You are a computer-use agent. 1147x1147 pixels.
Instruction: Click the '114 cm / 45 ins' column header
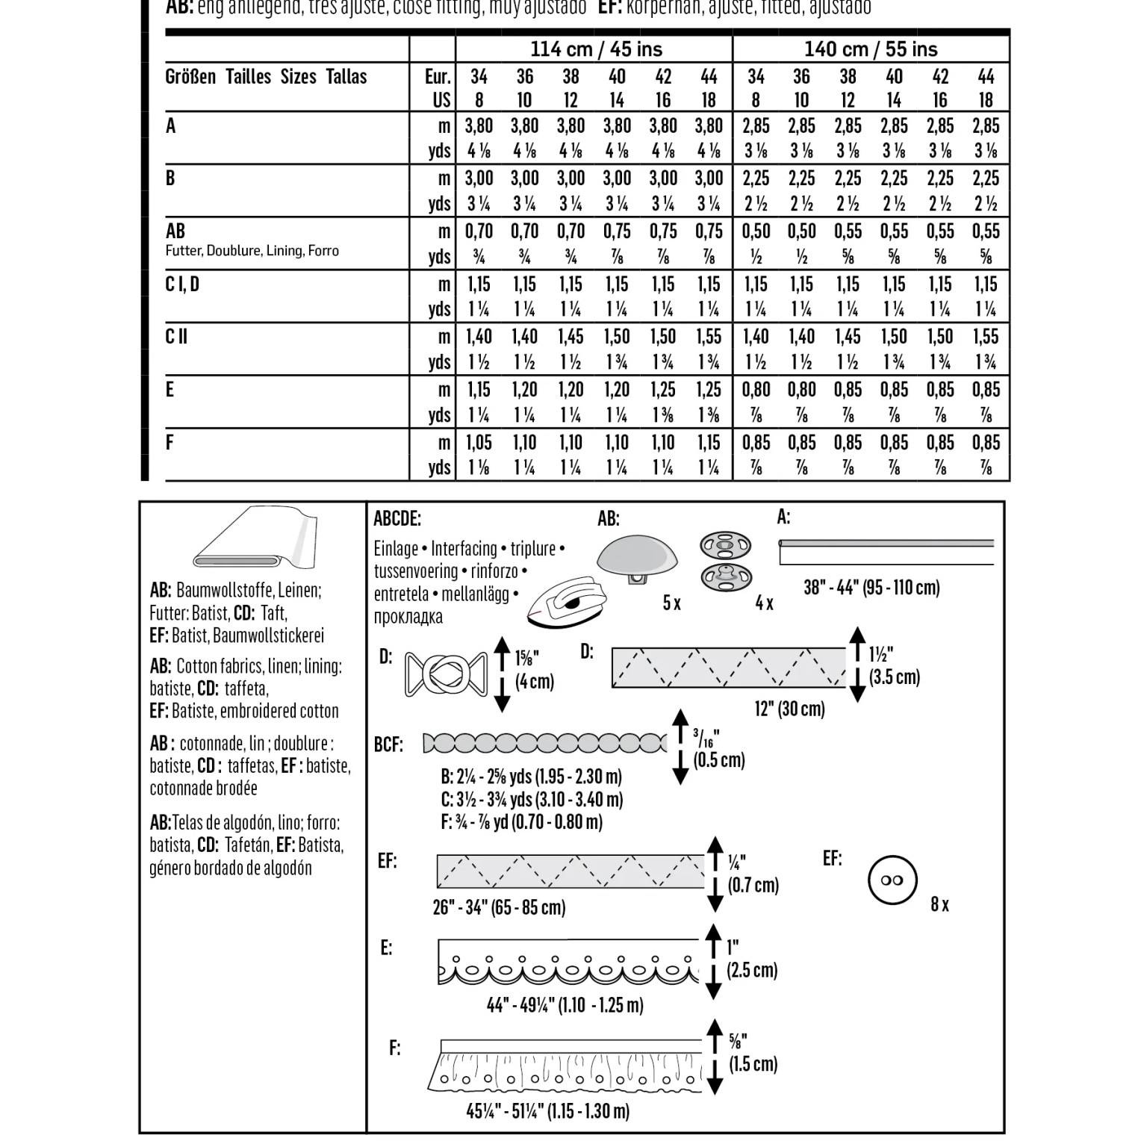(595, 49)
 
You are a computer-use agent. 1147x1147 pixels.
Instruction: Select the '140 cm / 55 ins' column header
(870, 49)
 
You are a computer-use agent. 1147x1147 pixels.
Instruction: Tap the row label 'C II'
(176, 337)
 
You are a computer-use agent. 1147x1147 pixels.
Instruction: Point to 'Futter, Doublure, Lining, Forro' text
(252, 251)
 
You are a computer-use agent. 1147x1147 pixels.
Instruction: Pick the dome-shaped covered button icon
(637, 561)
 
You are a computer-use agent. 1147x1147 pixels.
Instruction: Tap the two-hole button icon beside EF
(892, 880)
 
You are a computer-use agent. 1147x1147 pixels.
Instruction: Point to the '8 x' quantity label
(939, 905)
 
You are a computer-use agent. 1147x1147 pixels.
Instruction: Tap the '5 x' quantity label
(671, 603)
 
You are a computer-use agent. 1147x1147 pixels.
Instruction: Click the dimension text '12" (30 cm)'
(789, 709)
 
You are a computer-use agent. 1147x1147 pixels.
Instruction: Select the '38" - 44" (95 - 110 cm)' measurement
(871, 588)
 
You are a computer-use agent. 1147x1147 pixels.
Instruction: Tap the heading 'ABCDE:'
(397, 519)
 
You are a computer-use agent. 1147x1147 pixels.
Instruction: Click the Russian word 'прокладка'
(408, 618)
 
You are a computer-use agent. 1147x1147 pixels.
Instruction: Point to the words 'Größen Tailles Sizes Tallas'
(266, 77)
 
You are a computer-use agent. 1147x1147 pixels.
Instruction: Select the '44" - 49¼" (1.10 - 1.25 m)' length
(565, 1005)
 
